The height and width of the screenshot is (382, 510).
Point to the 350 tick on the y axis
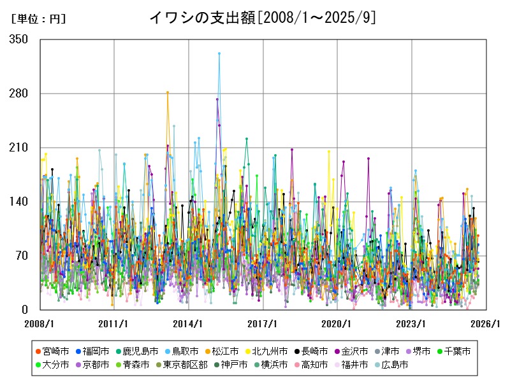click(19, 39)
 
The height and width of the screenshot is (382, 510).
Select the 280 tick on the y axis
click(19, 94)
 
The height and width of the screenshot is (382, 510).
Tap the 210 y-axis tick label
click(19, 148)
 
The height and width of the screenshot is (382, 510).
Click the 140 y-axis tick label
click(19, 202)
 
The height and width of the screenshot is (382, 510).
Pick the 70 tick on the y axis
click(22, 256)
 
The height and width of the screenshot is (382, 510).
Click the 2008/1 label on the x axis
click(40, 323)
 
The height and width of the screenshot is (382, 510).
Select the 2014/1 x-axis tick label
click(188, 323)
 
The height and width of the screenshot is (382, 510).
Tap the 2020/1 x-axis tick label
click(337, 323)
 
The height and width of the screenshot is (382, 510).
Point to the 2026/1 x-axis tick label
click(486, 323)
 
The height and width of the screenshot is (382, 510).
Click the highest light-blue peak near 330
click(219, 53)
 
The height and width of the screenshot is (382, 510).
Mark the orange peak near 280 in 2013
click(168, 92)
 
